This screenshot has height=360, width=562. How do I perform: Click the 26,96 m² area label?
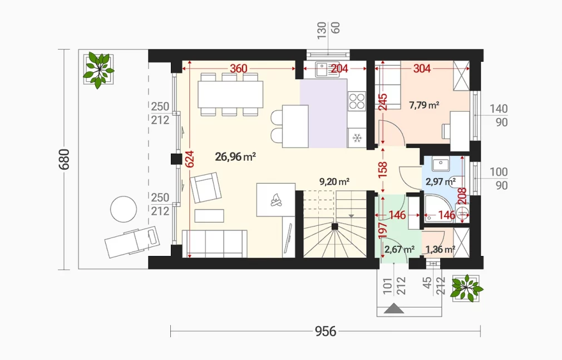tap(235, 157)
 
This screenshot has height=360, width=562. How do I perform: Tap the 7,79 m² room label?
tap(424, 105)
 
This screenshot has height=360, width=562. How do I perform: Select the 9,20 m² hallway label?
tap(334, 182)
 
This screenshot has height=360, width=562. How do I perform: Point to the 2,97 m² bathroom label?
tap(441, 182)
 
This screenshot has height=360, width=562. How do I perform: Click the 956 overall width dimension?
tap(326, 331)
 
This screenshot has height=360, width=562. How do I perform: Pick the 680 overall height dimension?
tap(64, 159)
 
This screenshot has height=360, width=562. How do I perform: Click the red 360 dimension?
tap(238, 68)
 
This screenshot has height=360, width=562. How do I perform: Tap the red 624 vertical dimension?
tap(190, 159)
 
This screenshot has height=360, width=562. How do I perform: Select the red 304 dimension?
tap(422, 68)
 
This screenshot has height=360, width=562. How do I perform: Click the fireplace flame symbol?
tap(275, 200)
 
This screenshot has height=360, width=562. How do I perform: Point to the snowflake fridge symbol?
tap(357, 137)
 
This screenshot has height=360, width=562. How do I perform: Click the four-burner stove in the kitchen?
tap(357, 101)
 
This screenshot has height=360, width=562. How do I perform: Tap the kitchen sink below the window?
tap(327, 69)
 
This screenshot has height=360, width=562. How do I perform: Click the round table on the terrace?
tap(124, 209)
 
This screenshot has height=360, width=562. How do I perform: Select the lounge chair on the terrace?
tap(132, 241)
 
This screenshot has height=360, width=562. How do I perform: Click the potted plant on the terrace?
tap(98, 70)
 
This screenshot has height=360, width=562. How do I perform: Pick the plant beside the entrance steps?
tap(467, 288)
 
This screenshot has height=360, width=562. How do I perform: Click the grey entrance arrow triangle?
tap(394, 309)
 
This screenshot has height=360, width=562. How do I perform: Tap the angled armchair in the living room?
tap(205, 187)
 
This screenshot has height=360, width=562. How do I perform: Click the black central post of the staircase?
tap(335, 226)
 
